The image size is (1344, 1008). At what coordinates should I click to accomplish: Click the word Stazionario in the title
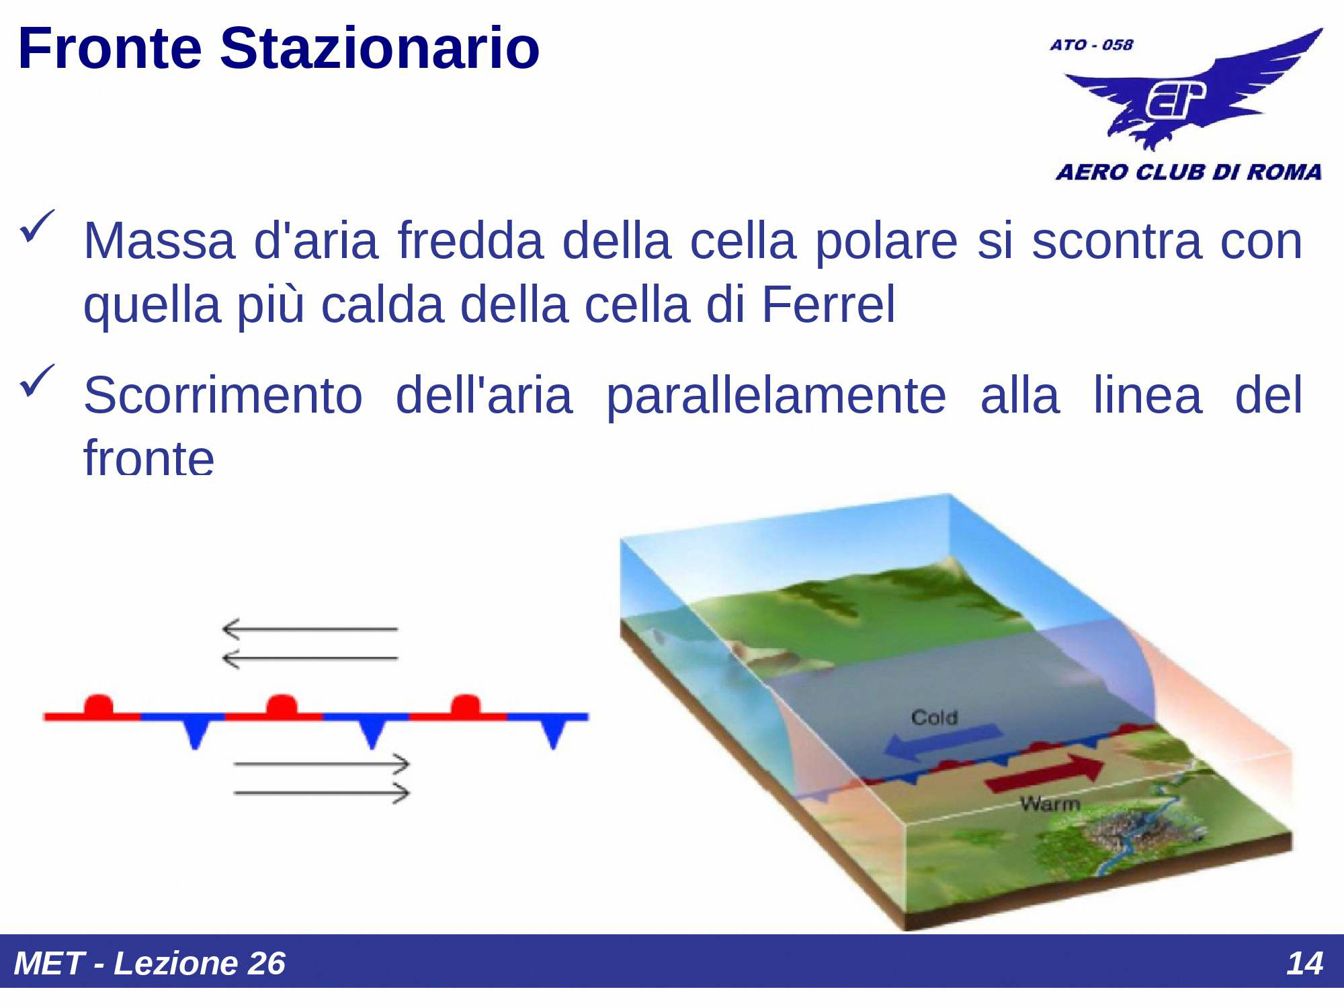[380, 48]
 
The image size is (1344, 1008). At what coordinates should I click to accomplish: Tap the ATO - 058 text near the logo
[1091, 45]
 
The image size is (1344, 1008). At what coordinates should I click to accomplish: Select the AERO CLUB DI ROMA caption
[1188, 172]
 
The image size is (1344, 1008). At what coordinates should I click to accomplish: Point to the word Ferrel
[828, 304]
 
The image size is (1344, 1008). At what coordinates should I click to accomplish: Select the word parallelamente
[776, 395]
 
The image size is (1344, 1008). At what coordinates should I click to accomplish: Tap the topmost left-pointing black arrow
[309, 629]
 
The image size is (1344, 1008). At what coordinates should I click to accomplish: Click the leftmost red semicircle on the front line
[99, 706]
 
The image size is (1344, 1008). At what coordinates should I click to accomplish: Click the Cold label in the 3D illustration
[934, 718]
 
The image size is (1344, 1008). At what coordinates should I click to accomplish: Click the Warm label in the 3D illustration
[1049, 804]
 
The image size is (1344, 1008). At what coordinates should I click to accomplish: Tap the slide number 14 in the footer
[1304, 963]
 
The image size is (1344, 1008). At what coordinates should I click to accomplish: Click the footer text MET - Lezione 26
[149, 963]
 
